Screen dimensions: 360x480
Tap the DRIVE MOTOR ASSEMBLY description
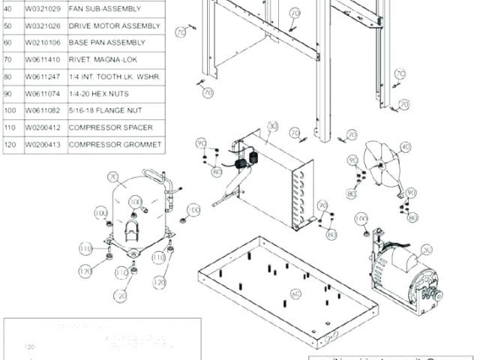pos(114,25)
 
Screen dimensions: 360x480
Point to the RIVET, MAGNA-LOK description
pos(101,59)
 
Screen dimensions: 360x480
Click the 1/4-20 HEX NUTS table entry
pos(98,94)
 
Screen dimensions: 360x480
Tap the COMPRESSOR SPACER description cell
pos(110,127)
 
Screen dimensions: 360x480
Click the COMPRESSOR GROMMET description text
pos(115,144)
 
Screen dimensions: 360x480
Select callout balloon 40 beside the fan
pos(406,147)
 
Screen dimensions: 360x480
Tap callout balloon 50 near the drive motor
pos(427,250)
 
